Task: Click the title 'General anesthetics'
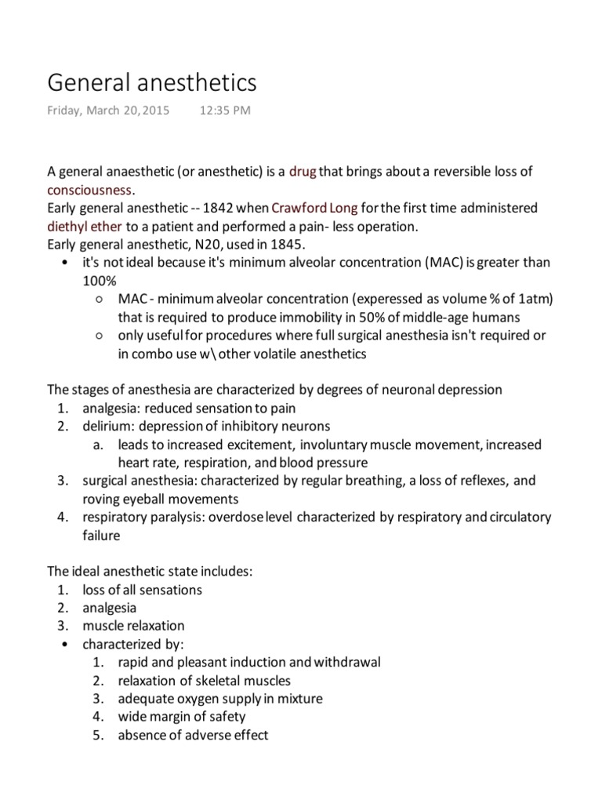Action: (x=152, y=82)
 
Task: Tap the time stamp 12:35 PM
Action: (x=225, y=111)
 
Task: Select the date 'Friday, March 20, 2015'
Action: (x=108, y=111)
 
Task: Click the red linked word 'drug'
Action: (x=303, y=171)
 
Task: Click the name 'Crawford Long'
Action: (x=314, y=209)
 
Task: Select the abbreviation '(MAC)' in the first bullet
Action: (x=444, y=263)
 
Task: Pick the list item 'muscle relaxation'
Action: (x=133, y=626)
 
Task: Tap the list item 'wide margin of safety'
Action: (x=181, y=717)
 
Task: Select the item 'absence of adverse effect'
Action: (x=193, y=736)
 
